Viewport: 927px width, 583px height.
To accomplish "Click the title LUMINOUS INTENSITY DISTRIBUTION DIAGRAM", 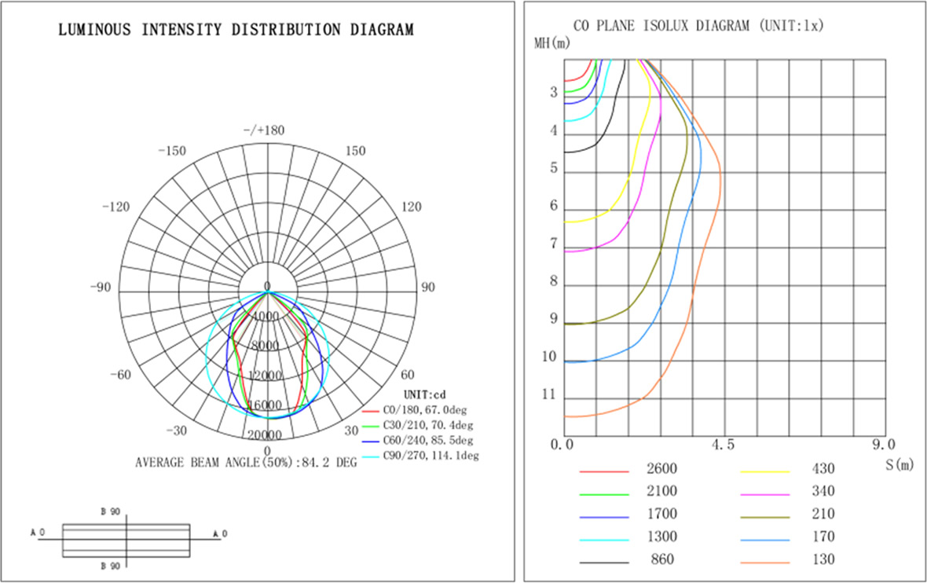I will (x=236, y=31).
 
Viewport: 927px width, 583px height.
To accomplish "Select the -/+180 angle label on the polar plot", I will (x=267, y=130).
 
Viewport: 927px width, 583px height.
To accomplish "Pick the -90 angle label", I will (x=101, y=288).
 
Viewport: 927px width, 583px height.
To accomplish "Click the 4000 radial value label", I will (x=267, y=317).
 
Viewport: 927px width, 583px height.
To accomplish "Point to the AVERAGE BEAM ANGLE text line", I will (x=246, y=462).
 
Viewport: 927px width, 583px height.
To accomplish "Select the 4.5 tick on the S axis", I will (x=724, y=445).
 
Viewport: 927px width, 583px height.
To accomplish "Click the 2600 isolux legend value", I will (x=661, y=469).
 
